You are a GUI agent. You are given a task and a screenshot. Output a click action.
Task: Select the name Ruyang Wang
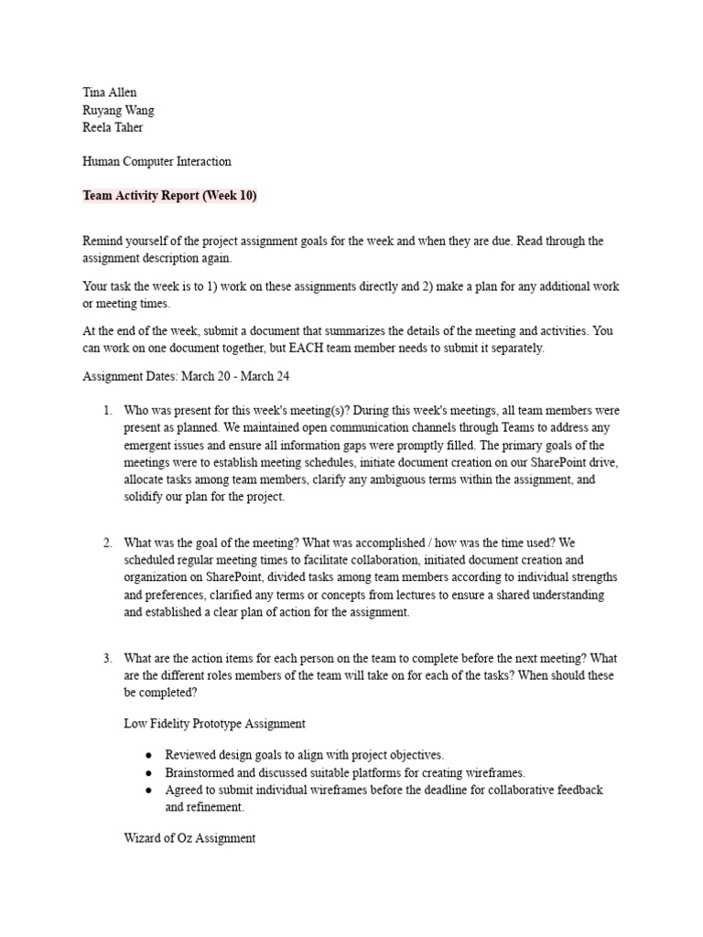pos(118,110)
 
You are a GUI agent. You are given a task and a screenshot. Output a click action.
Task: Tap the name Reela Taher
pos(113,127)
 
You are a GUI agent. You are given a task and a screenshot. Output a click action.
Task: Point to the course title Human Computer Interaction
pos(157,161)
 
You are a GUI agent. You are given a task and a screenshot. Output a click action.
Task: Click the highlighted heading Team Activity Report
pos(164,195)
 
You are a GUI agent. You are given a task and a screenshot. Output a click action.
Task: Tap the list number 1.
pos(107,410)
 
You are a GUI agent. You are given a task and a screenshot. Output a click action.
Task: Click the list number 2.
pos(107,543)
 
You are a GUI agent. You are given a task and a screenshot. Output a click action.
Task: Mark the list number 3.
pos(107,658)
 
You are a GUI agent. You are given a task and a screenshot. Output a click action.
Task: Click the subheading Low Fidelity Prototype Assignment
pos(214,723)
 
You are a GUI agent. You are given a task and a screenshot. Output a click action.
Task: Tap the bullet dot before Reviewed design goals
pos(148,756)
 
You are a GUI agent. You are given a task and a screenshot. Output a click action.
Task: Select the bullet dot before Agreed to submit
pos(148,790)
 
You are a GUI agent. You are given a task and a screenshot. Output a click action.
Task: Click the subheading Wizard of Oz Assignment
pos(189,838)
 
